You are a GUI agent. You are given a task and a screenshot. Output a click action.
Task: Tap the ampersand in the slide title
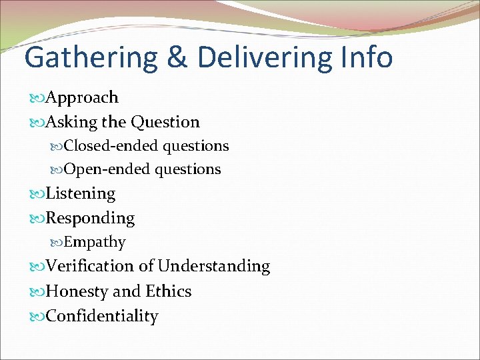coord(176,57)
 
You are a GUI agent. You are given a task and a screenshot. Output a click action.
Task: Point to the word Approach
coord(82,98)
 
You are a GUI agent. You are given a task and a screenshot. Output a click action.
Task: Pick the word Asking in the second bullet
coord(71,123)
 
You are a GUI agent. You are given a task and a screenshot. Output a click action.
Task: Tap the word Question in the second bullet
coord(165,123)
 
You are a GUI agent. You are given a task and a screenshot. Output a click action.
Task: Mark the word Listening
coord(81,194)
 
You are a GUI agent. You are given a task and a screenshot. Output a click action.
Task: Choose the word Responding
coord(90,219)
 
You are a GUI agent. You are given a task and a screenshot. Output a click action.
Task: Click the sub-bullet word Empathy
coord(95,242)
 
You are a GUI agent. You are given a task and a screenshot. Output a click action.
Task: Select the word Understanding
coord(213,267)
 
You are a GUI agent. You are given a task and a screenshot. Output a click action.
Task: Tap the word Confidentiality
coord(102,316)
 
